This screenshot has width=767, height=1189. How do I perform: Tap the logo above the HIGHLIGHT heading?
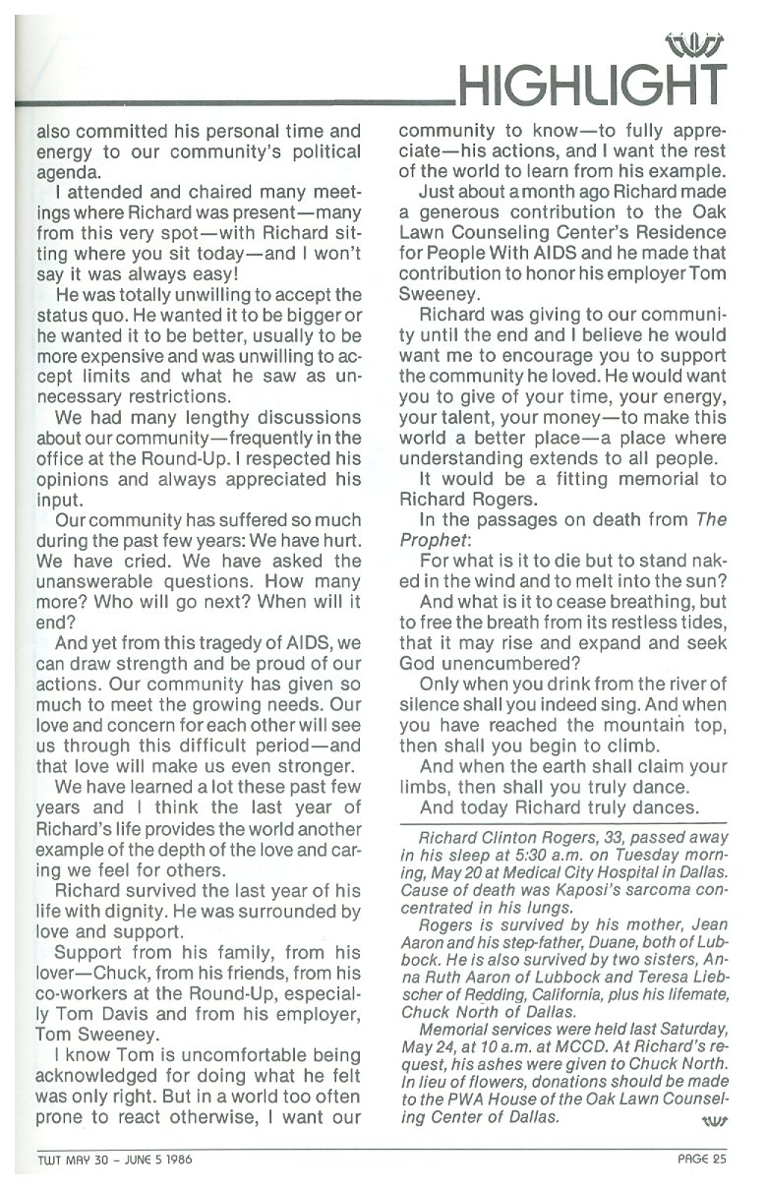[x=694, y=42]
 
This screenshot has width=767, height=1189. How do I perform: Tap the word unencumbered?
[x=494, y=664]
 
